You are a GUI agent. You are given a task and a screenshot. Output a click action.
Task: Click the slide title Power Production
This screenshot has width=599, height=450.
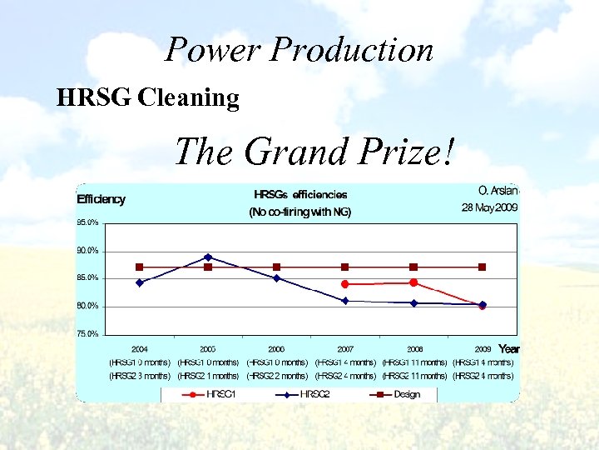pyautogui.click(x=299, y=50)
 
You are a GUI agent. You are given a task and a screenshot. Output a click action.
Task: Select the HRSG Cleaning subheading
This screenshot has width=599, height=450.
pyautogui.click(x=147, y=98)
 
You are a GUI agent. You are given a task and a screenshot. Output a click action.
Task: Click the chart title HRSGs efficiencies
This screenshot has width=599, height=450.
pyautogui.click(x=300, y=194)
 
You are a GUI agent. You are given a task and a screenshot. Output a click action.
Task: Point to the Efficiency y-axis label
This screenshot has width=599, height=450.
pyautogui.click(x=101, y=199)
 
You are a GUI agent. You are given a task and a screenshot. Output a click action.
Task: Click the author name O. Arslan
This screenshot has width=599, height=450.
pyautogui.click(x=498, y=191)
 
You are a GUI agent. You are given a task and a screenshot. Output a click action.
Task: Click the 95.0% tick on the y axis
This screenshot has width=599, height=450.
pyautogui.click(x=88, y=223)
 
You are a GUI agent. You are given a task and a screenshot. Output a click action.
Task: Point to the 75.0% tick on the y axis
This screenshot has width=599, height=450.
pyautogui.click(x=88, y=334)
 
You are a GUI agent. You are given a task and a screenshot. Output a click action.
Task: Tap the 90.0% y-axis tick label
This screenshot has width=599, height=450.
pyautogui.click(x=88, y=251)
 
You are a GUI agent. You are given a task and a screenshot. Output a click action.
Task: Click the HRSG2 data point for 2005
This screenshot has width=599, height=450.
pyautogui.click(x=208, y=257)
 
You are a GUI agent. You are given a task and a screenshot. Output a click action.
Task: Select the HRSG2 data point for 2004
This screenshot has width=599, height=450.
pyautogui.click(x=140, y=282)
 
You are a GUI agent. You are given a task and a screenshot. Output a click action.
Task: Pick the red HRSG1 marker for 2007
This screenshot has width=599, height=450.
pyautogui.click(x=345, y=284)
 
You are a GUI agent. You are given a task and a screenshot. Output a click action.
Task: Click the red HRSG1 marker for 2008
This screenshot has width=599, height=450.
pyautogui.click(x=413, y=282)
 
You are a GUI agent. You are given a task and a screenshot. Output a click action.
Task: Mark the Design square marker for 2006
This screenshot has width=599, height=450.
pyautogui.click(x=276, y=267)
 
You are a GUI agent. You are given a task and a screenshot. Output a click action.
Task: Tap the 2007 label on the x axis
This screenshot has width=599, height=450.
pyautogui.click(x=345, y=348)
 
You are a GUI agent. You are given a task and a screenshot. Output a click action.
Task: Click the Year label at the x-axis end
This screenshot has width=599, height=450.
pyautogui.click(x=508, y=348)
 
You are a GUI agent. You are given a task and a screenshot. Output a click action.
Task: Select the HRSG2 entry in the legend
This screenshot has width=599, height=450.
pyautogui.click(x=314, y=394)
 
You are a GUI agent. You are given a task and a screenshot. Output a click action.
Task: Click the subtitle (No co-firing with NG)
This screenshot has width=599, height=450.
pyautogui.click(x=300, y=212)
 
